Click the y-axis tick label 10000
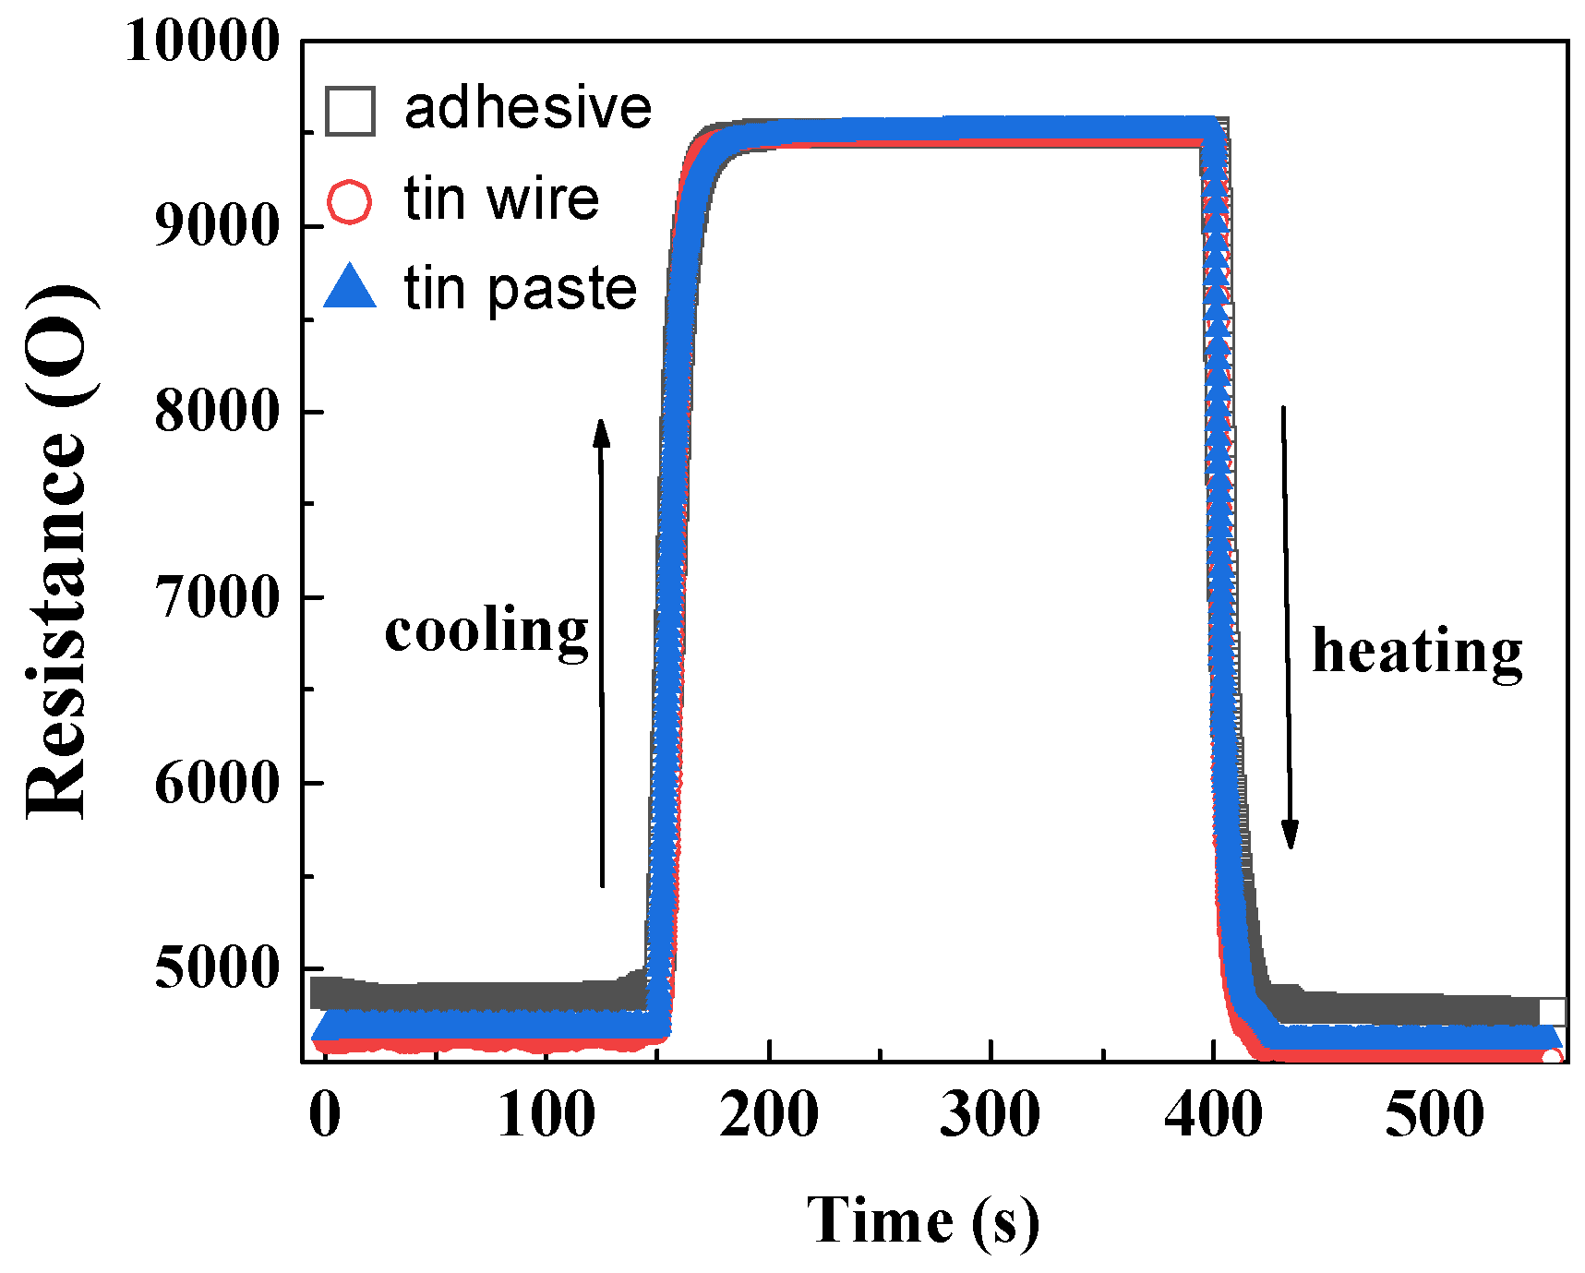pyautogui.click(x=201, y=42)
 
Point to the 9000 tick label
pyautogui.click(x=216, y=225)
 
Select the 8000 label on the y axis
pyautogui.click(x=216, y=411)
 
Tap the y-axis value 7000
pyautogui.click(x=216, y=597)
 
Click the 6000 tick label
pyautogui.click(x=216, y=783)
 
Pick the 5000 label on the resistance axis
pyautogui.click(x=216, y=968)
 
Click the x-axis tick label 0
pyautogui.click(x=325, y=1114)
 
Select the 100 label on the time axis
pyautogui.click(x=546, y=1114)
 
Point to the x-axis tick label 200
pyautogui.click(x=769, y=1114)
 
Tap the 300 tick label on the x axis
pyautogui.click(x=991, y=1114)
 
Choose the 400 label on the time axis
pyautogui.click(x=1213, y=1114)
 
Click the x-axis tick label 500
pyautogui.click(x=1435, y=1114)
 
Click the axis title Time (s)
pyautogui.click(x=923, y=1221)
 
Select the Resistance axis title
pyautogui.click(x=57, y=552)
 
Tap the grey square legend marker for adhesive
pyautogui.click(x=351, y=111)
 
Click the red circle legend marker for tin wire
pyautogui.click(x=350, y=200)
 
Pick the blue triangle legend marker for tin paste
pyautogui.click(x=351, y=288)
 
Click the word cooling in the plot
pyautogui.click(x=486, y=632)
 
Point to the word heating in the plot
pyautogui.click(x=1417, y=653)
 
